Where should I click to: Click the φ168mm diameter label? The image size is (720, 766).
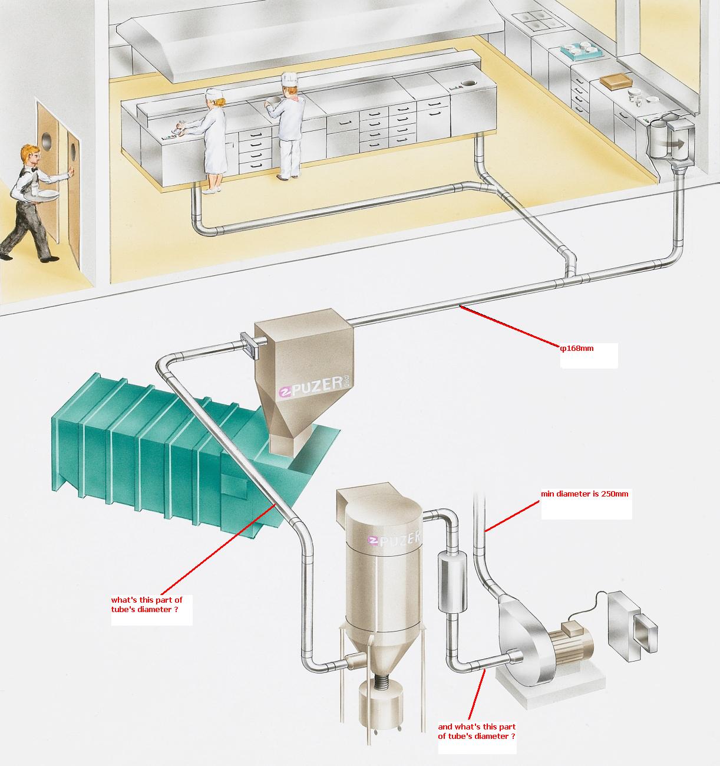(577, 348)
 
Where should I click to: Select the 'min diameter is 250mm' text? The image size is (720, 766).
(584, 494)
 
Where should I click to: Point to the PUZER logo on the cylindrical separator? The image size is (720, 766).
(394, 539)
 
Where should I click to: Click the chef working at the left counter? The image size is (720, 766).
(213, 139)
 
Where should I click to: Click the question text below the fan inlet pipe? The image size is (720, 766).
(477, 731)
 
